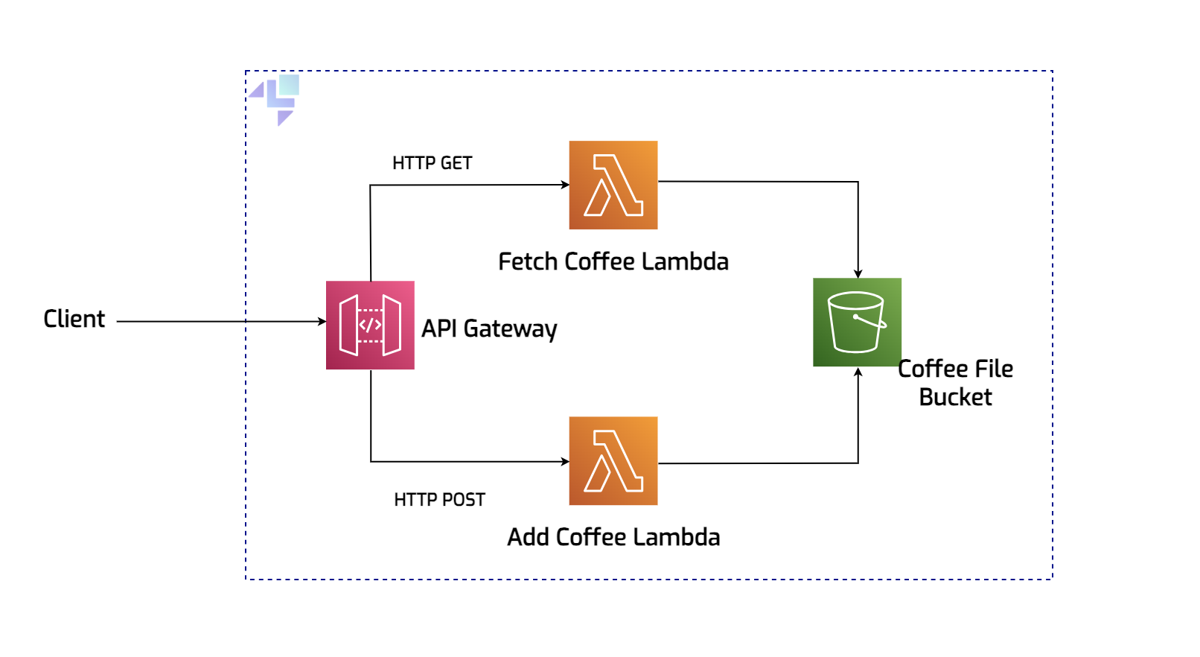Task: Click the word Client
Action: click(x=74, y=319)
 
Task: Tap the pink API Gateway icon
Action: click(x=370, y=325)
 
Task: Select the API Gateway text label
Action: click(x=489, y=328)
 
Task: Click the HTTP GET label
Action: click(x=432, y=163)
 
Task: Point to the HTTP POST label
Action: click(x=439, y=500)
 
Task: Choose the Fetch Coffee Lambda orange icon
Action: click(x=613, y=185)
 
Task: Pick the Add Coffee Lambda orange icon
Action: click(x=613, y=460)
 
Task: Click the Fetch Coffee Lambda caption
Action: click(x=613, y=261)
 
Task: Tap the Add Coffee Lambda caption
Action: click(x=613, y=537)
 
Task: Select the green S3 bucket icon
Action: click(x=857, y=322)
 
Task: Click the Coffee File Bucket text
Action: click(x=955, y=382)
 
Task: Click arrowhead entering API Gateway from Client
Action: click(x=322, y=322)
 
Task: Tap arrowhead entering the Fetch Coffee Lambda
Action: click(x=565, y=185)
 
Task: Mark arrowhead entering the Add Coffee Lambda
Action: click(x=565, y=462)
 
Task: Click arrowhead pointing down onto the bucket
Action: click(x=858, y=273)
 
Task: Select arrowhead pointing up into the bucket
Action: click(x=858, y=372)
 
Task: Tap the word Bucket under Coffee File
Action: click(x=955, y=397)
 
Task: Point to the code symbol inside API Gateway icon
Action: click(x=370, y=325)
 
